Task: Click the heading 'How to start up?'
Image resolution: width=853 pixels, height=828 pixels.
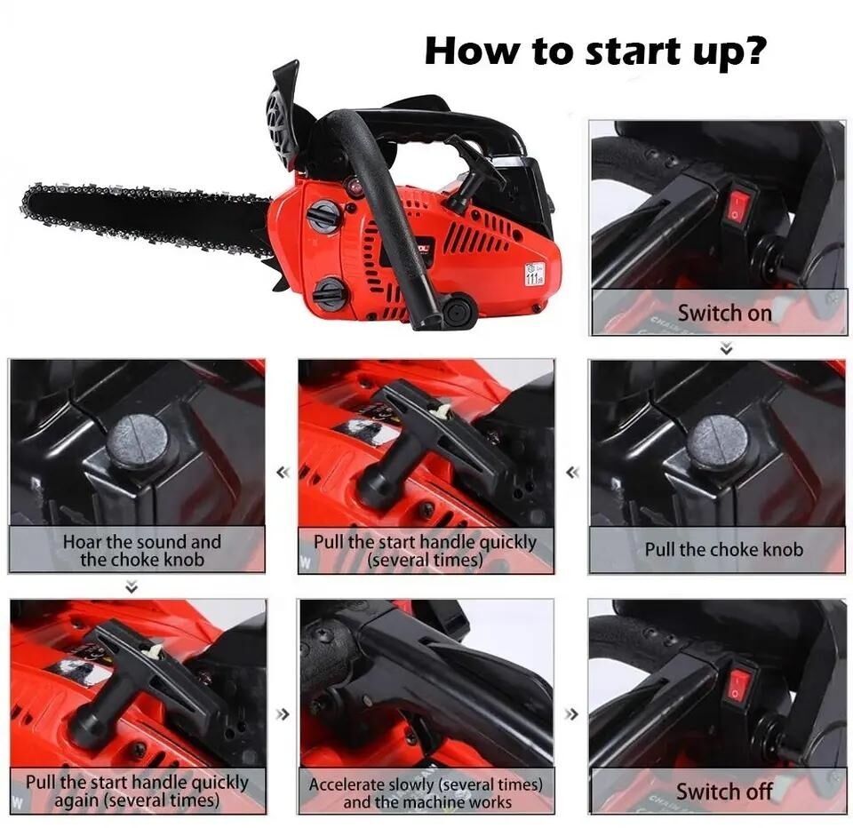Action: [x=594, y=51]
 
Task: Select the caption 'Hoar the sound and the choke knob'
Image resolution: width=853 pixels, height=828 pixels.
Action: [x=140, y=550]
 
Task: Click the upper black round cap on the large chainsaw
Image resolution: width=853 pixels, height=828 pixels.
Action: [x=324, y=217]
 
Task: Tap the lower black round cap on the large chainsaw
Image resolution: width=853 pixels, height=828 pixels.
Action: [x=330, y=294]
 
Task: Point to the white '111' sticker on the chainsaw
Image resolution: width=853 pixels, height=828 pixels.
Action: [x=534, y=275]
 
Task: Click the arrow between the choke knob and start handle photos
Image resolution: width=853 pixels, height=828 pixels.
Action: [x=572, y=472]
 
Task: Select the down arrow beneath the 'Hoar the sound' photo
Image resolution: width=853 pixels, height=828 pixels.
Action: [x=132, y=586]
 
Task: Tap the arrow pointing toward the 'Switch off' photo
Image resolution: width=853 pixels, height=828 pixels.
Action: [x=572, y=713]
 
